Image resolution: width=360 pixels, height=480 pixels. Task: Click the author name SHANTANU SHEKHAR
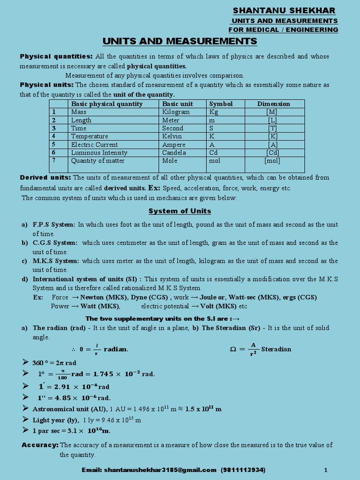tap(284, 11)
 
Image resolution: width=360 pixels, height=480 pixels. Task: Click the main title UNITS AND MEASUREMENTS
tap(180, 41)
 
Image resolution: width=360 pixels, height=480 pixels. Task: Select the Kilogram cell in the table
tap(176, 112)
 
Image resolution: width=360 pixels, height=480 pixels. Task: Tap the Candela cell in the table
tap(174, 153)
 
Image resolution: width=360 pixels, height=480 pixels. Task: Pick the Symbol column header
tap(221, 104)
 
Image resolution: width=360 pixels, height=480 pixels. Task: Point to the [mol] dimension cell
tap(272, 161)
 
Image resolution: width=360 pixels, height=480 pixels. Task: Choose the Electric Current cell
tap(94, 145)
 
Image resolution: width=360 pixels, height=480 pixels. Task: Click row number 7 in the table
tap(54, 161)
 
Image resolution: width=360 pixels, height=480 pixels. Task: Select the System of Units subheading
tap(180, 211)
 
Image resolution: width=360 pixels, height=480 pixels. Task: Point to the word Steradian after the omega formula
tap(276, 349)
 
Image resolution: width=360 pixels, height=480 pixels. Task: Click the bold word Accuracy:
tap(40, 445)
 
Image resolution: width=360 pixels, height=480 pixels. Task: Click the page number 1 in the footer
tap(325, 470)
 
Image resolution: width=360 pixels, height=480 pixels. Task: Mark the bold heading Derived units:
tap(45, 178)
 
